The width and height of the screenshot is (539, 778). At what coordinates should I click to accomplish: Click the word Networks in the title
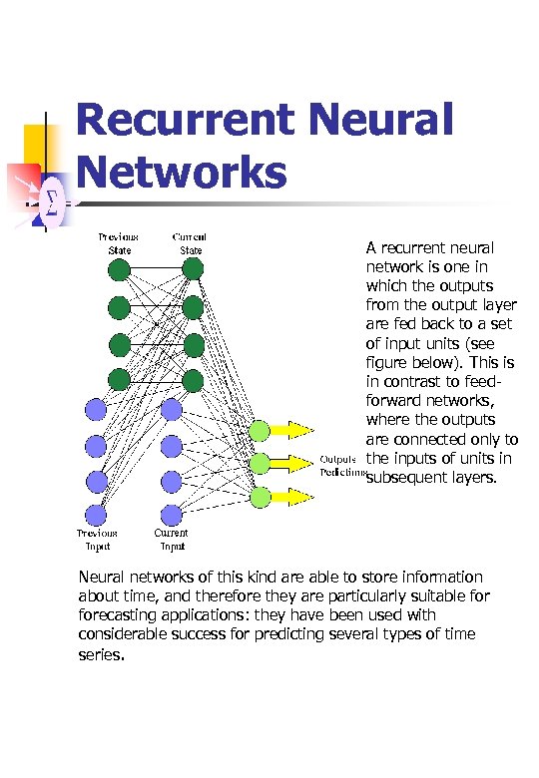181,172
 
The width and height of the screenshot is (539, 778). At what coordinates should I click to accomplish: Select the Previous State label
119,243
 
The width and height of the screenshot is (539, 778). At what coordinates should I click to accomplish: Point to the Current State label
190,243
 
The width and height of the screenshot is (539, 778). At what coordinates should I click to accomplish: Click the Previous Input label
97,540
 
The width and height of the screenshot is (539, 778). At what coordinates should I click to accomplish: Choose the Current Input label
171,540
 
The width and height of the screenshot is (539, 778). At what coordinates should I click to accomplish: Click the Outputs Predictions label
338,466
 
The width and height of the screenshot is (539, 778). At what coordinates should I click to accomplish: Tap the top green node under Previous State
119,269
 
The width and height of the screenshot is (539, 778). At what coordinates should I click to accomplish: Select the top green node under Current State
193,268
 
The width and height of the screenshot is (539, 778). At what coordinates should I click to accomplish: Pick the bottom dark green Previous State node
119,379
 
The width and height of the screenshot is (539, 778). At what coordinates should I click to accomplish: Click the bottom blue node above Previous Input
96,515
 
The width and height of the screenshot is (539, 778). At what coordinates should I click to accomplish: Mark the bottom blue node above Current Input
171,515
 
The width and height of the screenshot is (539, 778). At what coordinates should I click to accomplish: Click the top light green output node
260,430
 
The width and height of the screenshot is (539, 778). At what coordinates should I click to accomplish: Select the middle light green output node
260,463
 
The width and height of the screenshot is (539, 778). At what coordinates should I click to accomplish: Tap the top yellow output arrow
293,430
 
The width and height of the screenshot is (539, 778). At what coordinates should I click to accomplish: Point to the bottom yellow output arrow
293,496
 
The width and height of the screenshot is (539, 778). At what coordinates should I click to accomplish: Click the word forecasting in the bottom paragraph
124,615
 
